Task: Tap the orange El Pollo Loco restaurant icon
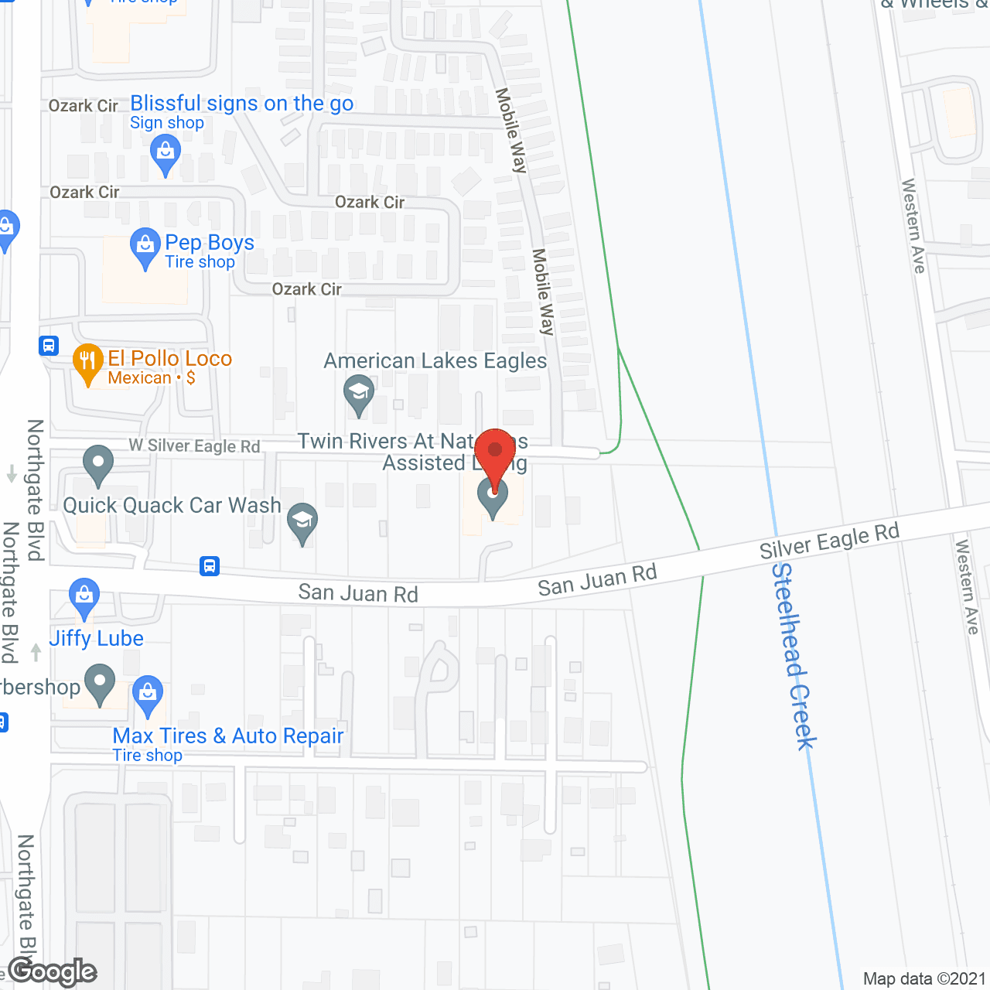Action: pyautogui.click(x=88, y=362)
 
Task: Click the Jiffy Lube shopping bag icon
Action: pyautogui.click(x=84, y=597)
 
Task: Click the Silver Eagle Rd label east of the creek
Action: pyautogui.click(x=829, y=540)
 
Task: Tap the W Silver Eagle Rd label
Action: pyautogui.click(x=194, y=446)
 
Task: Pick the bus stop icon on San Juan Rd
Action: pyautogui.click(x=210, y=566)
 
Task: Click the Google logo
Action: pyautogui.click(x=53, y=971)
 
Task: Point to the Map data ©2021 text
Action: pyautogui.click(x=924, y=978)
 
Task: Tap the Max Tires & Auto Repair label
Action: pyautogui.click(x=228, y=736)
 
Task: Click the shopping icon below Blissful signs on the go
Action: pyautogui.click(x=166, y=152)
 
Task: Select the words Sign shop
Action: pyautogui.click(x=167, y=123)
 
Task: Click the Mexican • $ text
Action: pyautogui.click(x=152, y=378)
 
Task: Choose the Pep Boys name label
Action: pyautogui.click(x=210, y=243)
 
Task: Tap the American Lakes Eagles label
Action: pyautogui.click(x=435, y=361)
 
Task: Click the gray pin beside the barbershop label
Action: pyautogui.click(x=100, y=683)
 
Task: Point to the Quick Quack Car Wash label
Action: pyautogui.click(x=172, y=506)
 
